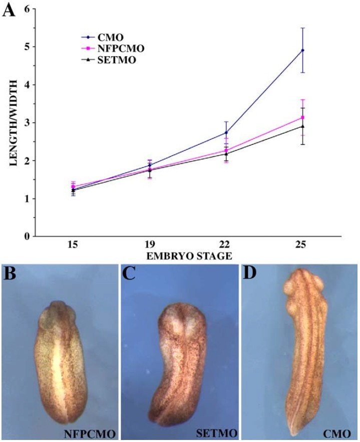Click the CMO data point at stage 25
click(x=302, y=50)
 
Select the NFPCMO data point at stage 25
click(x=302, y=117)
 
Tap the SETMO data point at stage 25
click(x=302, y=126)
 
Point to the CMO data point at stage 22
click(x=226, y=132)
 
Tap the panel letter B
click(x=12, y=274)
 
